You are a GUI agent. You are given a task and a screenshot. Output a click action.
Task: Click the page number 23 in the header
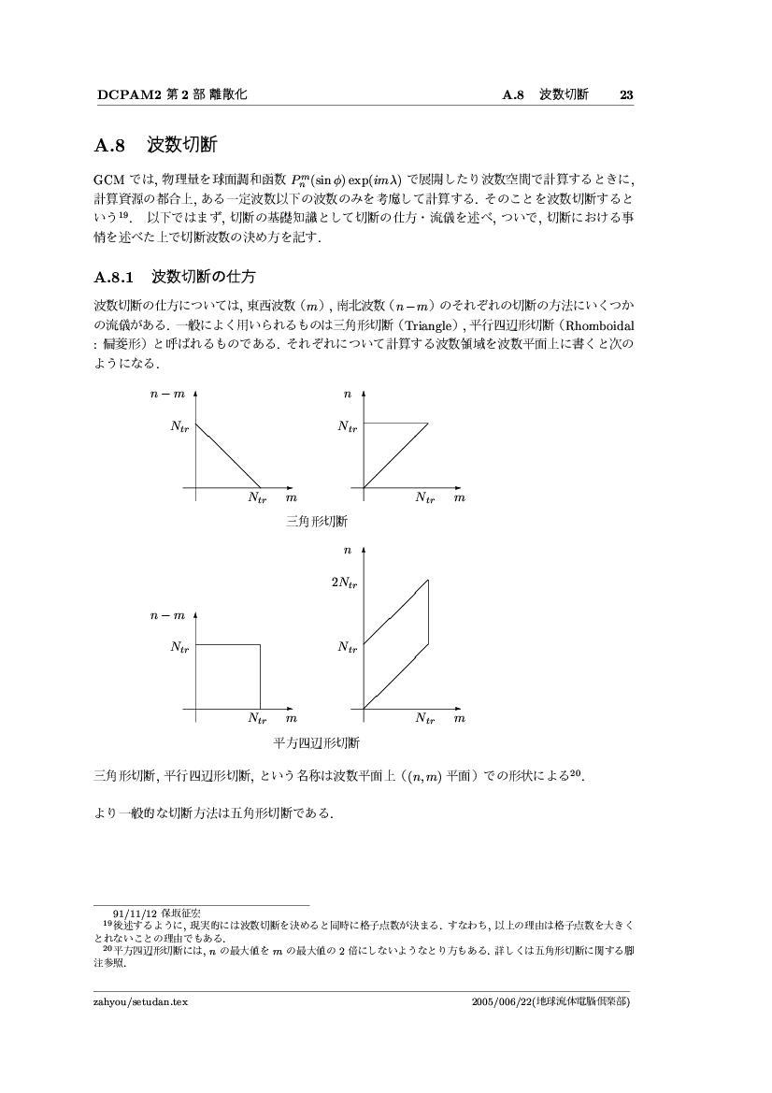626,94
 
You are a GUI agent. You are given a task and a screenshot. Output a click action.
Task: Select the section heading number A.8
110,146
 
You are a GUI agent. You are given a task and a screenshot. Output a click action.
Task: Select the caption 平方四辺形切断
317,743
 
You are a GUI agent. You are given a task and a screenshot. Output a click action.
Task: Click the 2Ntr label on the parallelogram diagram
344,582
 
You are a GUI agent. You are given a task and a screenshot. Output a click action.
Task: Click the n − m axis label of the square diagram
167,616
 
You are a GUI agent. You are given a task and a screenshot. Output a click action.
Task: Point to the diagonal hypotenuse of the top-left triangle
228,455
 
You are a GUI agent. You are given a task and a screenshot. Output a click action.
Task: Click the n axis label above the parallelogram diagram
348,552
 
